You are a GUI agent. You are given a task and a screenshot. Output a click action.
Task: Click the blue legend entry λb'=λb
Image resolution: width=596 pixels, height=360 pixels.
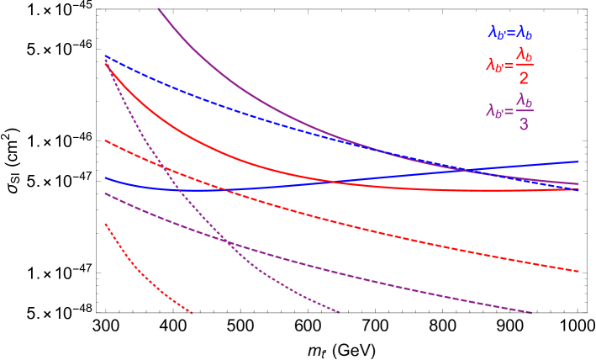click(x=510, y=33)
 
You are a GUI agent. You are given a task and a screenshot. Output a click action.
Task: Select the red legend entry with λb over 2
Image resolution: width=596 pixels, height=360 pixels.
click(x=509, y=66)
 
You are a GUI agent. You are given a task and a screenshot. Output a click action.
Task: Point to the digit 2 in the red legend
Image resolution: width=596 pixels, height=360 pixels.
click(x=524, y=78)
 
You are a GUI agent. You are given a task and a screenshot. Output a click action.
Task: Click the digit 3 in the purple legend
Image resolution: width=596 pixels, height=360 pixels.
click(x=524, y=124)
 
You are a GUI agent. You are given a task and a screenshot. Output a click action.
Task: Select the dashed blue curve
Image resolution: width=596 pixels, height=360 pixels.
click(x=252, y=107)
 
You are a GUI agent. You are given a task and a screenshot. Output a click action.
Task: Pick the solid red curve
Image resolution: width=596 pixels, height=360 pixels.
click(x=210, y=146)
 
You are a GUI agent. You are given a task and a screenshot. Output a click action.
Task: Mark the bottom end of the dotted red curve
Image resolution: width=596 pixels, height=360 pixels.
click(x=193, y=313)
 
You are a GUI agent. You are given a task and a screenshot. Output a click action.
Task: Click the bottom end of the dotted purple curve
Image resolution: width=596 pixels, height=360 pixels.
click(x=340, y=312)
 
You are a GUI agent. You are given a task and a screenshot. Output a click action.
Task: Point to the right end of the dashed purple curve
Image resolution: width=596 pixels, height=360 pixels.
click(x=532, y=313)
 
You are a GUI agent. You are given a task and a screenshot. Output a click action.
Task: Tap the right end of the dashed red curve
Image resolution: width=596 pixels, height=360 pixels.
click(x=579, y=272)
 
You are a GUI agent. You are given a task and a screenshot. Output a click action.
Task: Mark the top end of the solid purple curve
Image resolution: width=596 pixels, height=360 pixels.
click(x=159, y=8)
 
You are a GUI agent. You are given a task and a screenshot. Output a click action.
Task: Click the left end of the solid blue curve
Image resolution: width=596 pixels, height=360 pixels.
click(x=105, y=177)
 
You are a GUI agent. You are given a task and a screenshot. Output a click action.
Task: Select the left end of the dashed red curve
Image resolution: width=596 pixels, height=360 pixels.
click(x=105, y=140)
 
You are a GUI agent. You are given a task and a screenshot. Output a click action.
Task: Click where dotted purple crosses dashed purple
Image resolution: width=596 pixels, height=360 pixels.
click(x=228, y=242)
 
